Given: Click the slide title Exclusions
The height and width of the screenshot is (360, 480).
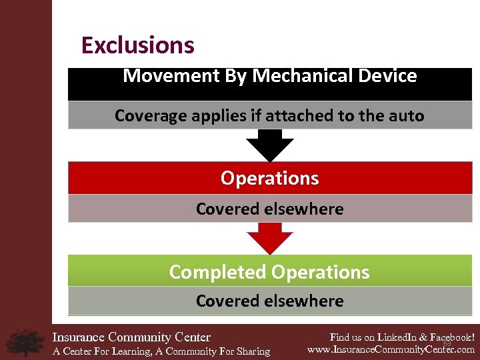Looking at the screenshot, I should [x=137, y=45].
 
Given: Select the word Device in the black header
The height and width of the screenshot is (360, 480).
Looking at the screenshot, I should [x=387, y=76].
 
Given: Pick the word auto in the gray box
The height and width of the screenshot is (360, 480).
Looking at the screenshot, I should [x=407, y=116].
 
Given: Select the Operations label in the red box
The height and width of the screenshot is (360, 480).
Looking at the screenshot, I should [x=269, y=179].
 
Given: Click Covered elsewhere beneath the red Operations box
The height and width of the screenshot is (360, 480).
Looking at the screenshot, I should [x=269, y=209].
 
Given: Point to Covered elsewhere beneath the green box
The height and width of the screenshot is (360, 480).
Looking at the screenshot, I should [x=269, y=301].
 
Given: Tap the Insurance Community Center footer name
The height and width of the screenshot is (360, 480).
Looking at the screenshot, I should [x=131, y=337].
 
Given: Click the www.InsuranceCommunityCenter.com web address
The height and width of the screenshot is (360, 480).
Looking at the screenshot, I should [x=391, y=349].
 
